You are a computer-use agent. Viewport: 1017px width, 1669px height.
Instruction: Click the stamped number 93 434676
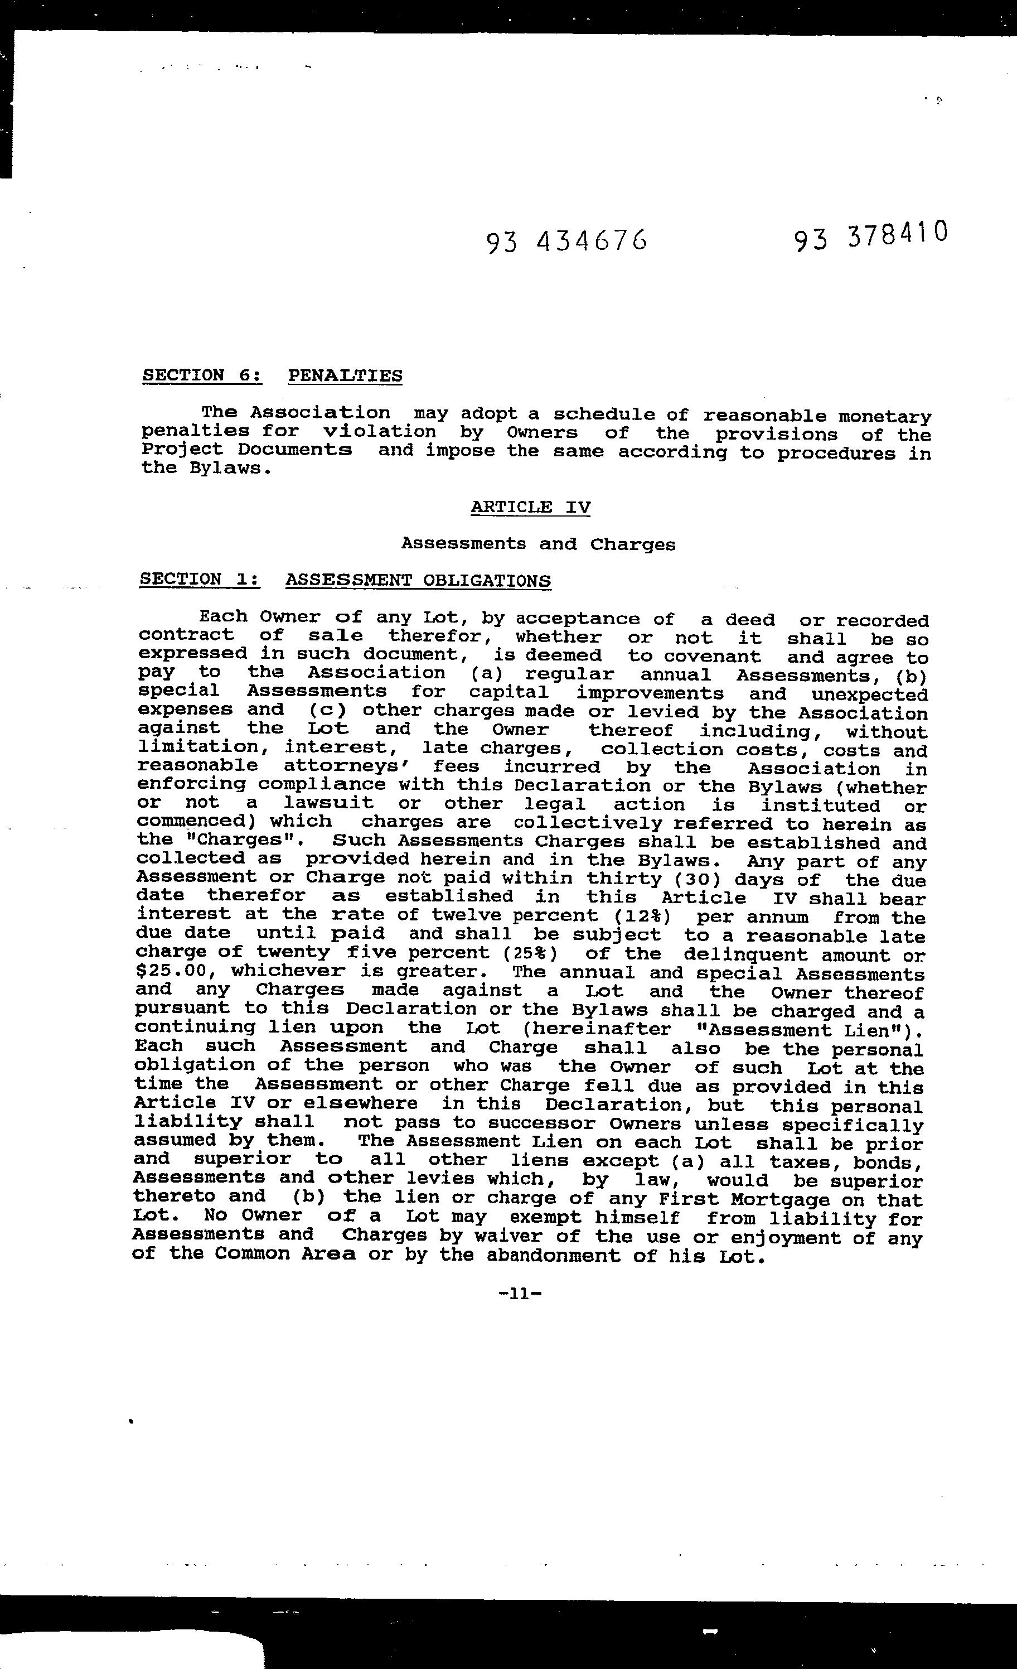(566, 240)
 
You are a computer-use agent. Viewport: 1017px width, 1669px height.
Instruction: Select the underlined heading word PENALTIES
(345, 375)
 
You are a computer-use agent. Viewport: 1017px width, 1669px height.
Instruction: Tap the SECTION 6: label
(202, 375)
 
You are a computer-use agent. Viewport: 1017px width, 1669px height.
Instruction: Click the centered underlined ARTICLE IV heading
(530, 507)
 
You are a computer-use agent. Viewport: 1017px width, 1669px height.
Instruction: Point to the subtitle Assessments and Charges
(537, 544)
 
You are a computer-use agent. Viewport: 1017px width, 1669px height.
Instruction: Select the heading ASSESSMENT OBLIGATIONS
(418, 581)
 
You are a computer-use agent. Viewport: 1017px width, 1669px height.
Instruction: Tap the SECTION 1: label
(199, 579)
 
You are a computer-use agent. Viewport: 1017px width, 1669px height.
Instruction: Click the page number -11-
(520, 1294)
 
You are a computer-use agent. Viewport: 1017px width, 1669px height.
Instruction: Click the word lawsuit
(328, 803)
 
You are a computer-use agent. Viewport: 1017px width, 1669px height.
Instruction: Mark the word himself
(637, 1218)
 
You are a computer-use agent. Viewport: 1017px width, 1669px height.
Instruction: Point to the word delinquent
(745, 954)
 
